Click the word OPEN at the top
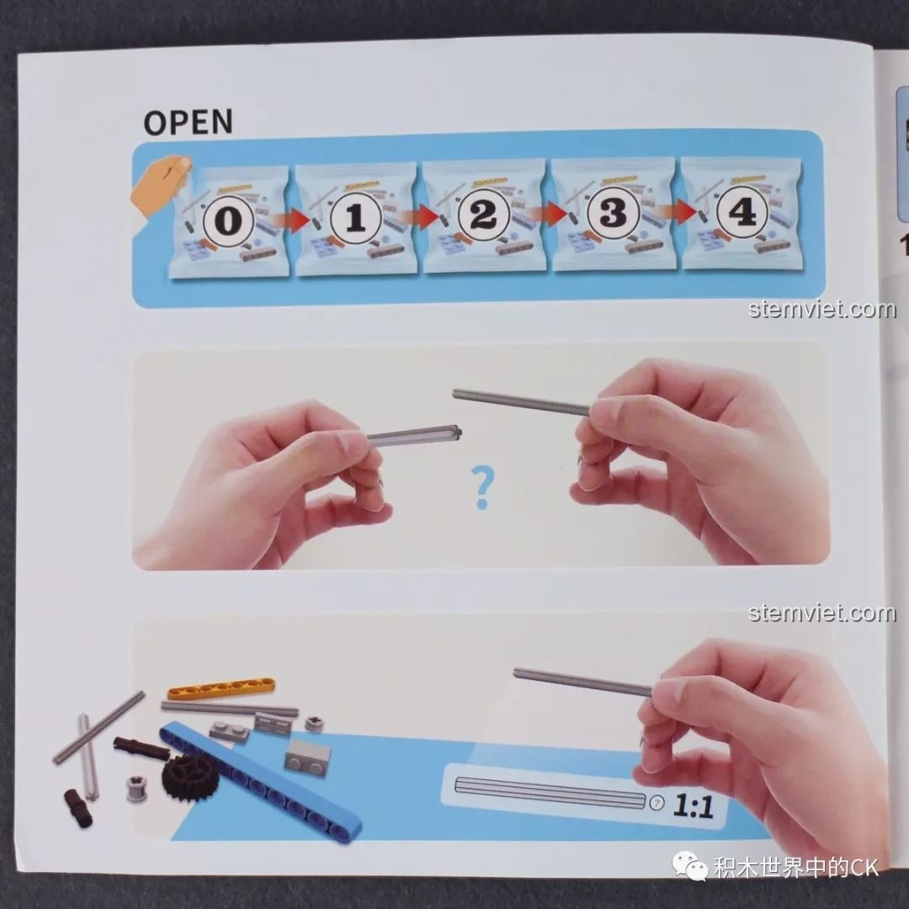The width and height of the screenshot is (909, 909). pyautogui.click(x=188, y=122)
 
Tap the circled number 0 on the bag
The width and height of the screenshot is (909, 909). pyautogui.click(x=229, y=221)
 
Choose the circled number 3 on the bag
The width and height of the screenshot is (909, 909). pyautogui.click(x=612, y=213)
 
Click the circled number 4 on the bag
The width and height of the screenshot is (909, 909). pyautogui.click(x=742, y=212)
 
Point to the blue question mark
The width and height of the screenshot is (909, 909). pyautogui.click(x=481, y=488)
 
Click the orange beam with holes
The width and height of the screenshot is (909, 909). pyautogui.click(x=221, y=688)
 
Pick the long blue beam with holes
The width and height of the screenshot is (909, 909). pyautogui.click(x=261, y=777)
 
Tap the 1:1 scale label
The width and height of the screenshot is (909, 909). pyautogui.click(x=693, y=805)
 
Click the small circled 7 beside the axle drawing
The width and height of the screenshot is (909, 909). pyautogui.click(x=656, y=803)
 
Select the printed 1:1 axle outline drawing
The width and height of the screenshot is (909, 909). pyautogui.click(x=550, y=793)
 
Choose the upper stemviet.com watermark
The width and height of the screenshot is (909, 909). pyautogui.click(x=822, y=309)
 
